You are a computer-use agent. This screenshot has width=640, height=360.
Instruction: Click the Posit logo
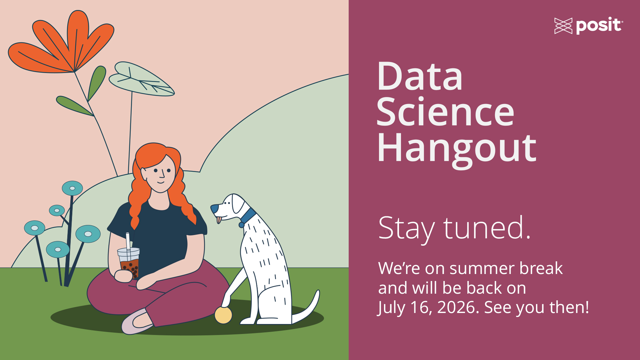tap(589, 26)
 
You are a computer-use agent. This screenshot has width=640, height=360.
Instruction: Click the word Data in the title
tap(420, 76)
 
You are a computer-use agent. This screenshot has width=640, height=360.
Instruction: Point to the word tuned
tap(487, 228)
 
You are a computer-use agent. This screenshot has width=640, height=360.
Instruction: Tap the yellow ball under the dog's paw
tap(223, 315)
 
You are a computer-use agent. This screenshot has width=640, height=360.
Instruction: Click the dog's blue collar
tap(248, 217)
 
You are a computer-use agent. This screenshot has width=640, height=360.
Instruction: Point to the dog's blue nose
tap(214, 209)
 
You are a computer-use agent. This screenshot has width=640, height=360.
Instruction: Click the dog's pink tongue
tap(219, 220)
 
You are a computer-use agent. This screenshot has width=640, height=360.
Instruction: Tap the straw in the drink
tap(128, 241)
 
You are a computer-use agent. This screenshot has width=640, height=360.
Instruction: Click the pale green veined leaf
tap(141, 79)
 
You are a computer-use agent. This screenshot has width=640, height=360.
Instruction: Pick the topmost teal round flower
tap(72, 188)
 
